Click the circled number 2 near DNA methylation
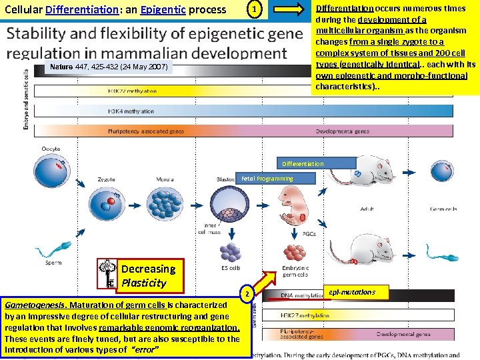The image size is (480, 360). coord(247,294)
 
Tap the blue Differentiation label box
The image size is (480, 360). coord(303,163)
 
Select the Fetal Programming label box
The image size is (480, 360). coord(266,179)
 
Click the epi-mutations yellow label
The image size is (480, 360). coord(352,292)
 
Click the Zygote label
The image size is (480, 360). coord(107,179)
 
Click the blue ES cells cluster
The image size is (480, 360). coord(231,252)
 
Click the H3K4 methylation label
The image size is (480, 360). coord(131,111)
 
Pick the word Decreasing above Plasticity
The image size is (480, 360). coord(148,269)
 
